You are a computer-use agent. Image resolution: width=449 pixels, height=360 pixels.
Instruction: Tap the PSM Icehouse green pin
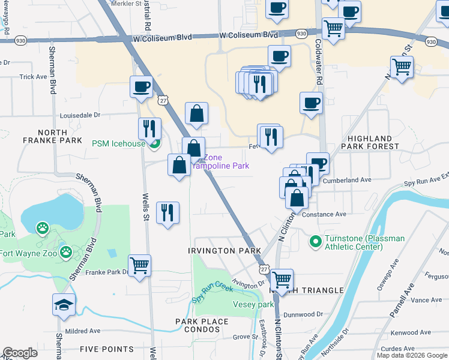tap(155, 143)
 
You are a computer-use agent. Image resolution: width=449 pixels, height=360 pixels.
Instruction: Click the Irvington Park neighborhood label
tap(224, 250)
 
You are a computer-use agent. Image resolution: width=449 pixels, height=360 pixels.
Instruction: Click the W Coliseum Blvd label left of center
tap(164, 37)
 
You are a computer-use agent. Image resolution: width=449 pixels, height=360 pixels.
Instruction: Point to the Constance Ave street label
tap(324, 214)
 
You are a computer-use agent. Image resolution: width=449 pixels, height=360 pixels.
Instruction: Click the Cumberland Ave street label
tap(347, 179)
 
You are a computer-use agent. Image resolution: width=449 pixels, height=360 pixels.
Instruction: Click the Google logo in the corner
tap(20, 353)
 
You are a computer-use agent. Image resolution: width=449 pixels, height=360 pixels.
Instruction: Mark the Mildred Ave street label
tap(82, 331)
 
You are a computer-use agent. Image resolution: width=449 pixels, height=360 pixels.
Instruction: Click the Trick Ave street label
tap(33, 77)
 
